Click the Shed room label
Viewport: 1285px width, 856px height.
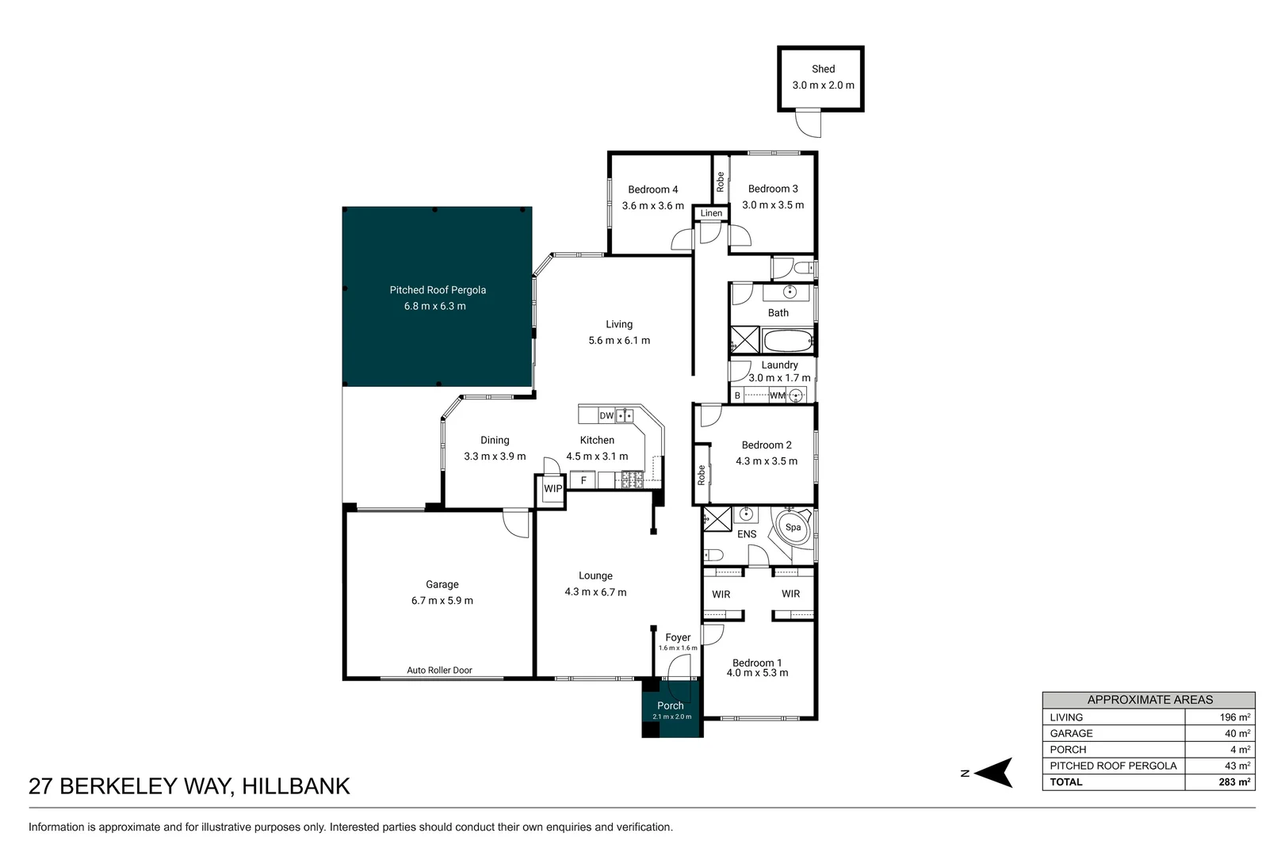tap(823, 69)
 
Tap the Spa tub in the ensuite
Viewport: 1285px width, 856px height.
tap(793, 527)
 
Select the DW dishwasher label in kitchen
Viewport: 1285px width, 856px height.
tap(606, 415)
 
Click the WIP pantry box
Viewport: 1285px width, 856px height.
tap(553, 489)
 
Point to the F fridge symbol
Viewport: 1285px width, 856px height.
tap(583, 480)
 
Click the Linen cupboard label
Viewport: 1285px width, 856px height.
tap(711, 213)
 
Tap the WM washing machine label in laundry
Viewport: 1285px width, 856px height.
tap(777, 396)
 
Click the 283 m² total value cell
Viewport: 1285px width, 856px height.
tap(1234, 782)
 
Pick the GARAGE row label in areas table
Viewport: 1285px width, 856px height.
tap(1071, 734)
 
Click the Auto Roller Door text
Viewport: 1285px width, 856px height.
tap(439, 671)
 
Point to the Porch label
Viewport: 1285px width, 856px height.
tap(670, 705)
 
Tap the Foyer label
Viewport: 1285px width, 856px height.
tap(678, 637)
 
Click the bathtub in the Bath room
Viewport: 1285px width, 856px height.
tap(787, 342)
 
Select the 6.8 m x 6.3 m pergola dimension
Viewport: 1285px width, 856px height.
tap(435, 306)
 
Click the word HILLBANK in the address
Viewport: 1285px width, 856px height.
tap(296, 786)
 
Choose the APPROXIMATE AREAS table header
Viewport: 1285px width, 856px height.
tap(1149, 700)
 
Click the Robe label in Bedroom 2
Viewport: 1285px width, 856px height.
tap(702, 475)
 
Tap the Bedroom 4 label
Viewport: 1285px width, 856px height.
tap(652, 189)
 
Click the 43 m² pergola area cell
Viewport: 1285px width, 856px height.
tap(1237, 766)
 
